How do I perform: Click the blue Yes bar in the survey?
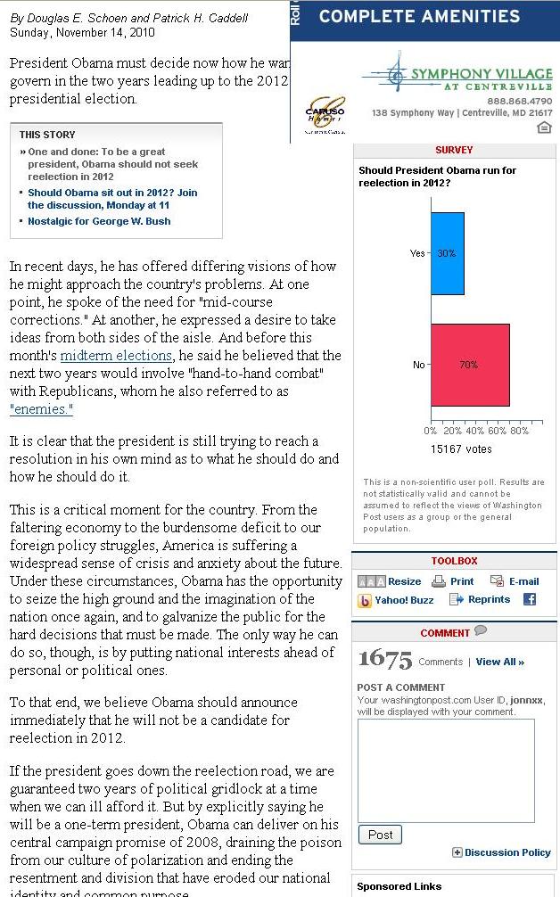click(x=447, y=253)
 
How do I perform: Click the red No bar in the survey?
click(x=469, y=365)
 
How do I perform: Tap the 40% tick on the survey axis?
click(x=474, y=431)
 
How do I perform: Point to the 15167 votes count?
click(x=460, y=449)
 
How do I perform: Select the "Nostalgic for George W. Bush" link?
click(x=99, y=221)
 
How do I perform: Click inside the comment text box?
click(x=445, y=769)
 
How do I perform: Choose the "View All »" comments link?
click(x=499, y=662)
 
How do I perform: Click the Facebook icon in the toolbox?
click(x=530, y=599)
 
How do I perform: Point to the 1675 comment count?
click(x=385, y=660)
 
